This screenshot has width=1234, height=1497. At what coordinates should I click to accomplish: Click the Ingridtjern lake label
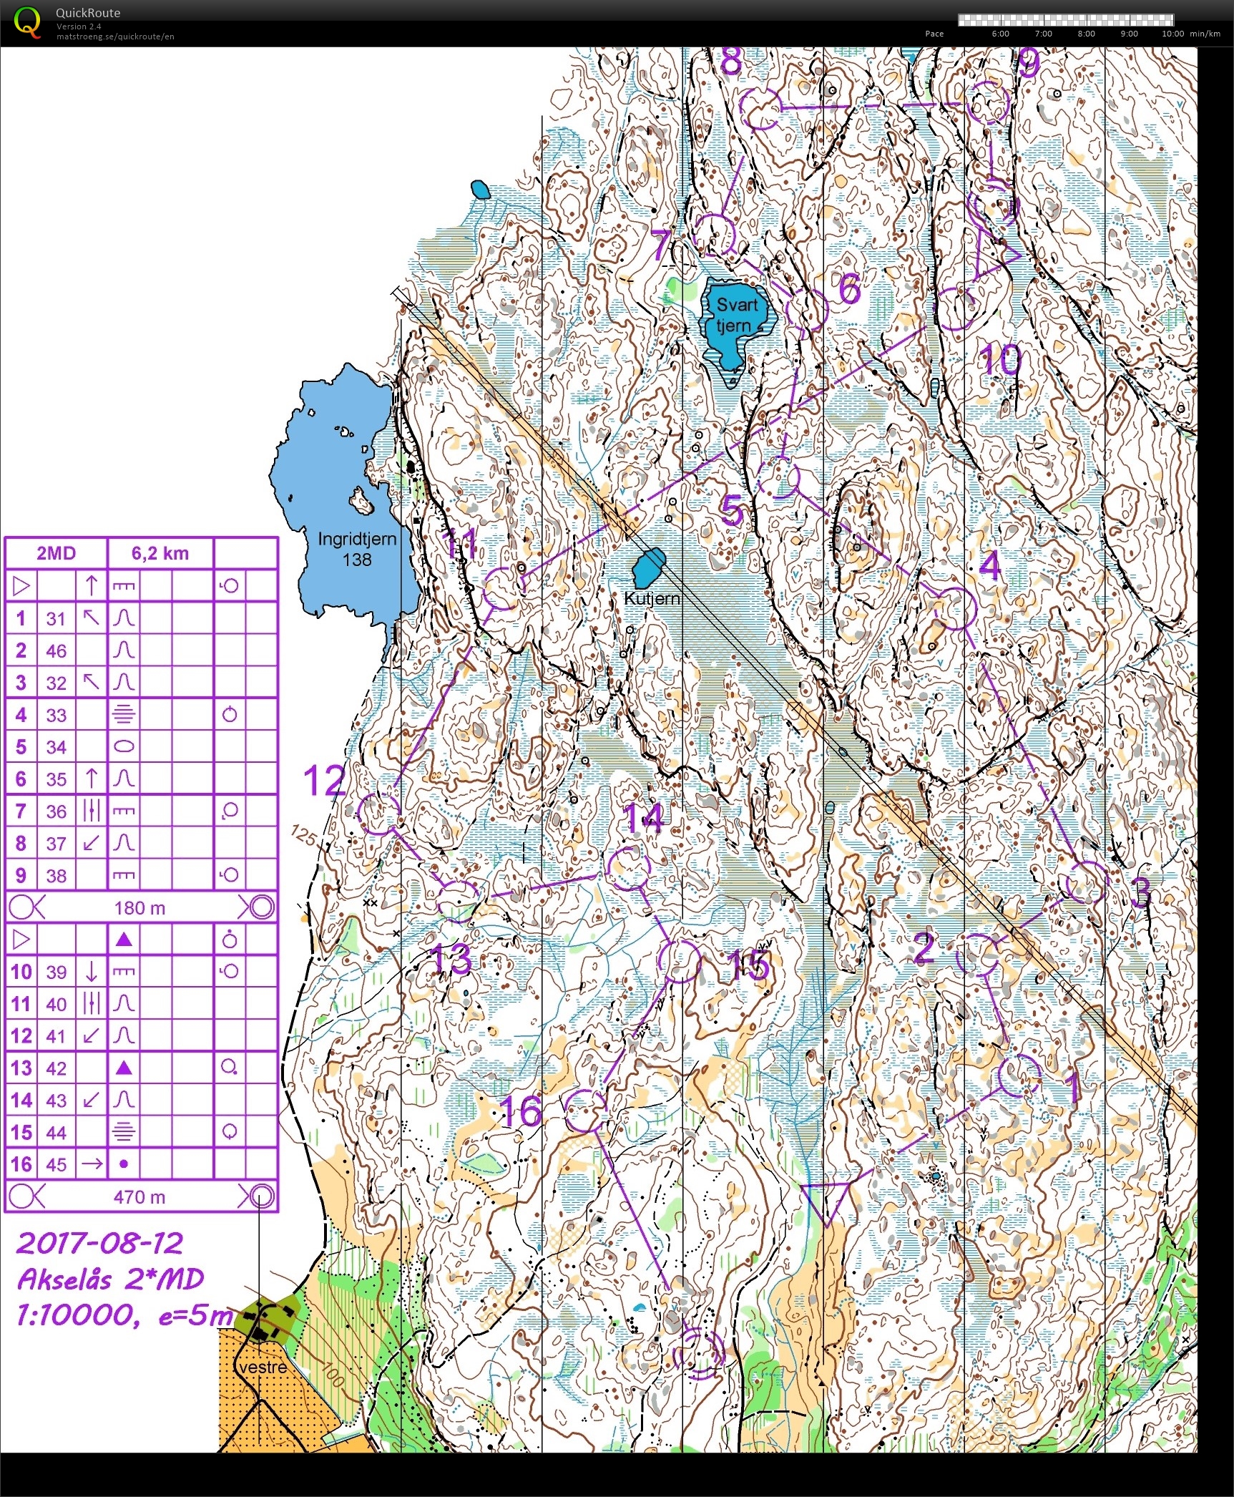[x=357, y=549]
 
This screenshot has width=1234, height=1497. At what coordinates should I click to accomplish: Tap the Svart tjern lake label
[x=736, y=315]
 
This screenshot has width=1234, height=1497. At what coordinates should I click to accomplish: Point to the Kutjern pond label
[x=652, y=598]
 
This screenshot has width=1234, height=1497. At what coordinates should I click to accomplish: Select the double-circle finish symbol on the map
[x=699, y=1353]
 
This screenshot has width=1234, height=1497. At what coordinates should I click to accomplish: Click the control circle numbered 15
[x=680, y=961]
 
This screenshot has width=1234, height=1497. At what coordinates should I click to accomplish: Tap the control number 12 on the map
[x=324, y=780]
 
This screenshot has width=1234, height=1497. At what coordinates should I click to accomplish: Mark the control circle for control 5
[x=778, y=478]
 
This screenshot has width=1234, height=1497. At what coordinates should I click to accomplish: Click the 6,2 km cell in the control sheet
[x=160, y=552]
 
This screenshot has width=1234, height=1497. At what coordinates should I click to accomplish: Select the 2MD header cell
[x=56, y=552]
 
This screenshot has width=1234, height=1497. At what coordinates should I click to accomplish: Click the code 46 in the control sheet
[x=56, y=650]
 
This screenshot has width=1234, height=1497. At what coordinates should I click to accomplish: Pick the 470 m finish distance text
[x=139, y=1196]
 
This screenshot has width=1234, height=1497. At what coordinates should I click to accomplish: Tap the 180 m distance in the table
[x=139, y=908]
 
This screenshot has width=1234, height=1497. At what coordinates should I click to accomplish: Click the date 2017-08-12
[x=100, y=1244]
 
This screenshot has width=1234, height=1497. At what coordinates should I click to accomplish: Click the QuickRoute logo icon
[x=27, y=21]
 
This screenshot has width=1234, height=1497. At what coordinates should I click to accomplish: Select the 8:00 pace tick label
[x=1086, y=34]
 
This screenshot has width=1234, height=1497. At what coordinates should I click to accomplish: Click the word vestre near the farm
[x=263, y=1367]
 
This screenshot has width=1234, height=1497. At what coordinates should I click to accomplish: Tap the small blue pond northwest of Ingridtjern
[x=481, y=190]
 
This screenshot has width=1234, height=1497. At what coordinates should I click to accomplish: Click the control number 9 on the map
[x=1028, y=63]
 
